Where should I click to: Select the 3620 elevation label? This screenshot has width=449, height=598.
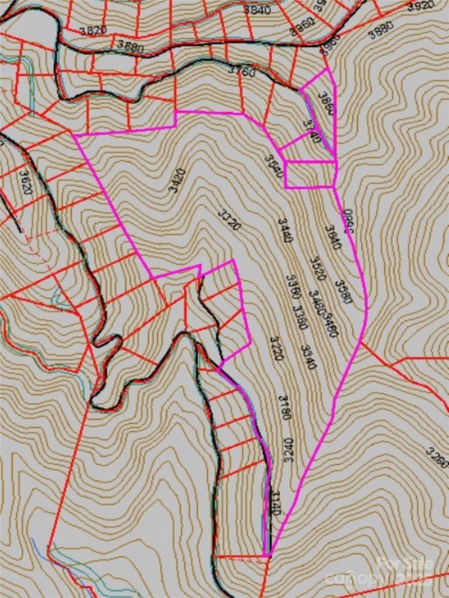coord(26,184)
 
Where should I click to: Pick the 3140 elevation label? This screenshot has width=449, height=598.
coord(275,506)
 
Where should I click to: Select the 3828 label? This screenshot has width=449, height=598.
coord(93,29)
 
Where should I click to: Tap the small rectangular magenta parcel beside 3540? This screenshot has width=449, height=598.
coord(309,173)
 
